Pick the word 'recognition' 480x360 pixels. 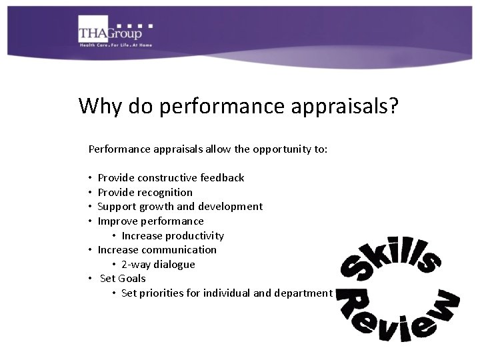coord(165,193)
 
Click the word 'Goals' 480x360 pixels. coord(132,279)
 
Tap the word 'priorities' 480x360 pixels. coord(159,293)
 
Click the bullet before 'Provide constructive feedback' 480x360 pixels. coord(90,178)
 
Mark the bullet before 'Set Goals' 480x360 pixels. coord(90,279)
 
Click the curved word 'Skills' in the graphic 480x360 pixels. coord(390,256)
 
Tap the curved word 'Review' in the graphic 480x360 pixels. coord(397,317)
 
